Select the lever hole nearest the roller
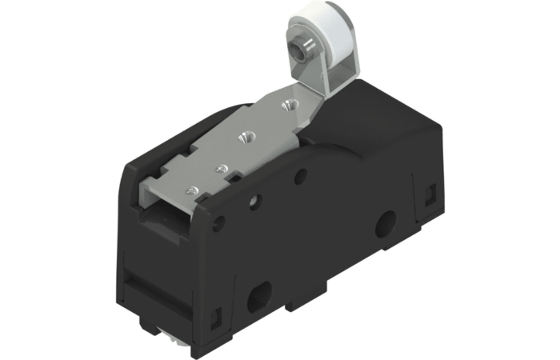(x=287, y=104)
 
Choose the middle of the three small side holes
(x=255, y=201)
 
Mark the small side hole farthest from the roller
(x=218, y=222)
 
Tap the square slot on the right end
(x=430, y=193)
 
